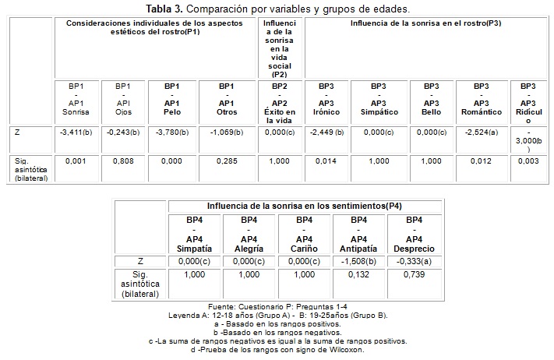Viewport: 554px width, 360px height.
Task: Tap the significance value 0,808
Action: coord(122,162)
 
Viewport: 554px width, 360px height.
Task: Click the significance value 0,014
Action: coord(326,162)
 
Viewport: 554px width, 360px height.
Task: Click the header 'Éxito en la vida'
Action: coord(281,112)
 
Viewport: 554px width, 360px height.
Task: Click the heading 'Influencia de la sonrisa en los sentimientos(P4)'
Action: coord(304,206)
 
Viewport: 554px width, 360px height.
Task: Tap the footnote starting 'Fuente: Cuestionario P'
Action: coord(277,307)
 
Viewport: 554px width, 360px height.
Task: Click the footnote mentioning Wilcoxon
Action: coord(277,349)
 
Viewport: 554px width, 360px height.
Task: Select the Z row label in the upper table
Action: coord(17,132)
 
